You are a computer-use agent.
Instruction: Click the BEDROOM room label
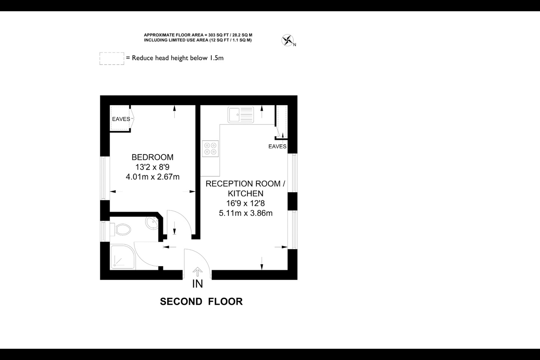pyautogui.click(x=152, y=157)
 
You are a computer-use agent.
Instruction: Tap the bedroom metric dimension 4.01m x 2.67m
pyautogui.click(x=153, y=177)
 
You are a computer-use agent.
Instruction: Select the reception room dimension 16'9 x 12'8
pyautogui.click(x=245, y=203)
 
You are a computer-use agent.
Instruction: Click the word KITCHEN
pyautogui.click(x=246, y=193)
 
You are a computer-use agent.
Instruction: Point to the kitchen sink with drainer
pyautogui.click(x=241, y=114)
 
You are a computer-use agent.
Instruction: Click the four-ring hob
pyautogui.click(x=210, y=148)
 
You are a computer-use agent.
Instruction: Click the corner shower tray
pyautogui.click(x=122, y=256)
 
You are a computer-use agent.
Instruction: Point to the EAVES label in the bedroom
pyautogui.click(x=121, y=119)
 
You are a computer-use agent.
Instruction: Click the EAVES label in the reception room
pyautogui.click(x=277, y=146)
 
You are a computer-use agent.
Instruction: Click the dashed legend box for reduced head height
pyautogui.click(x=112, y=58)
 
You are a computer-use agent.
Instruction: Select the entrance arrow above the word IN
pyautogui.click(x=197, y=271)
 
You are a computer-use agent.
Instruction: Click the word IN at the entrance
pyautogui.click(x=197, y=284)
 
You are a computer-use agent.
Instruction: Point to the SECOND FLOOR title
pyautogui.click(x=201, y=301)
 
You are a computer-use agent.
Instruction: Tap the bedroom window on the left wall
pyautogui.click(x=103, y=178)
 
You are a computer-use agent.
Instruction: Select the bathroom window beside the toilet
pyautogui.click(x=103, y=231)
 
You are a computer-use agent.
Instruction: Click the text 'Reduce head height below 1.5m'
pyautogui.click(x=178, y=58)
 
